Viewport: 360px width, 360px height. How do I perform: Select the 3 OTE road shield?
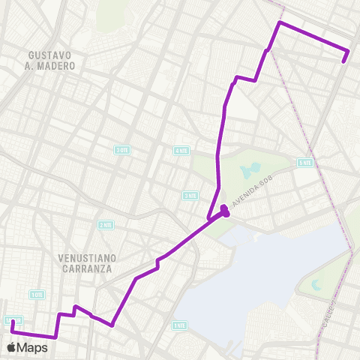tap(122, 150)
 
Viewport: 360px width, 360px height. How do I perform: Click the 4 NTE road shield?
tap(181, 150)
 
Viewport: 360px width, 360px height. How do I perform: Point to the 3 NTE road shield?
tap(190, 195)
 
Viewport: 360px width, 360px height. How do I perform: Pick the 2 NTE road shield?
tap(106, 224)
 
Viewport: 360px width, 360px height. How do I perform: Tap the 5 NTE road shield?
tap(304, 163)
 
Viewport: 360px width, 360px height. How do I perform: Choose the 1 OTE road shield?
tap(37, 295)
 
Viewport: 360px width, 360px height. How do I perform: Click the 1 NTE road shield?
tap(179, 325)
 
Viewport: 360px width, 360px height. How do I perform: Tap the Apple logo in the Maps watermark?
tap(13, 347)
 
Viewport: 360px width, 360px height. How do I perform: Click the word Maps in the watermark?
tap(34, 347)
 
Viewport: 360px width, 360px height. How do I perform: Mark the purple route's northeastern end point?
tap(344, 61)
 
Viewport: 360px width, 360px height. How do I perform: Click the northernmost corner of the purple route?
tap(280, 23)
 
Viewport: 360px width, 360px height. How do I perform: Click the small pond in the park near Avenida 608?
tap(253, 169)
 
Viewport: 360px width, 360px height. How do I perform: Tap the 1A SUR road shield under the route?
tap(10, 320)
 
